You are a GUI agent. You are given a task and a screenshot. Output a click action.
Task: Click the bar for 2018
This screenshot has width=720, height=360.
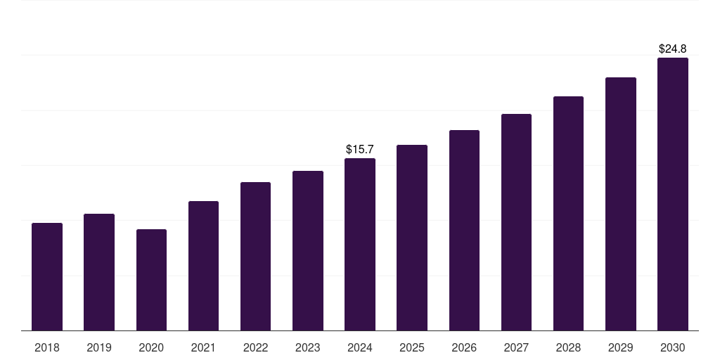[x=47, y=277]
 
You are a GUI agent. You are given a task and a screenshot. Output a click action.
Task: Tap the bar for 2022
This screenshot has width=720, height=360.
[x=255, y=257]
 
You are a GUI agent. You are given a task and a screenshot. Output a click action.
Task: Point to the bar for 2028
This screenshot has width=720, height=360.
[x=568, y=214]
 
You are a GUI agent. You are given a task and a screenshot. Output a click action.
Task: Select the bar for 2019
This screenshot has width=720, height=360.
[x=99, y=272]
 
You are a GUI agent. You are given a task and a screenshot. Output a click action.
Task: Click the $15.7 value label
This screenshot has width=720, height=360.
[x=360, y=150]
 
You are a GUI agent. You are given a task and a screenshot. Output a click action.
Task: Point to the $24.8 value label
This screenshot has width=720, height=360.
[x=672, y=49]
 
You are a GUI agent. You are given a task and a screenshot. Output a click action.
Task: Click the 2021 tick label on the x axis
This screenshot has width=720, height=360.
[x=203, y=347]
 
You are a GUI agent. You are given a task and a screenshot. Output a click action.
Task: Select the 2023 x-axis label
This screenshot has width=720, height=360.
[x=307, y=347]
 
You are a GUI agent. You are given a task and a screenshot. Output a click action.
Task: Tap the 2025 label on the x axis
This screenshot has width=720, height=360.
[x=412, y=347]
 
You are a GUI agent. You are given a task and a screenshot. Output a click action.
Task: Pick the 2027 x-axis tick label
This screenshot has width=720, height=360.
[x=516, y=347]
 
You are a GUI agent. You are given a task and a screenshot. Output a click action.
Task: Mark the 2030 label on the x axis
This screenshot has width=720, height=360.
[x=672, y=347]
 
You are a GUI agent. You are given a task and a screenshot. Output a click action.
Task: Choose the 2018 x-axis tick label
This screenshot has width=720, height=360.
[x=47, y=347]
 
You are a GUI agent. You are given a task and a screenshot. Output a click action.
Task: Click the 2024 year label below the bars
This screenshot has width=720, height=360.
[x=360, y=347]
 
